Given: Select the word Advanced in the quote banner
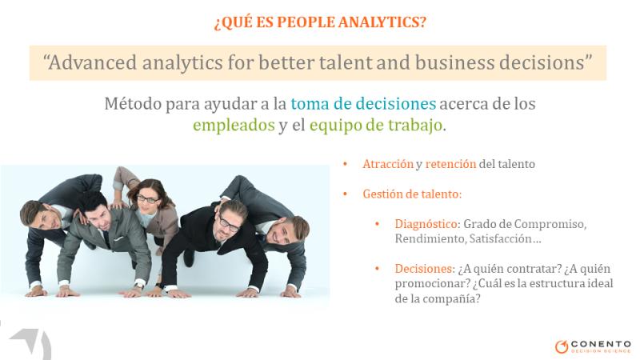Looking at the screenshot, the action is tap(93, 62).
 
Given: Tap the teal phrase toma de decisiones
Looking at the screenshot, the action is tap(363, 104).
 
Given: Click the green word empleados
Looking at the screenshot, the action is tap(234, 126).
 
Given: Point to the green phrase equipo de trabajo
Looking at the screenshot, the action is tap(375, 126).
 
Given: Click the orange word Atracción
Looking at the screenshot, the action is tap(388, 164).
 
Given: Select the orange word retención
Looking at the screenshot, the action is tap(450, 164).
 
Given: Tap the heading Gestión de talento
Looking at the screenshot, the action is tap(412, 194).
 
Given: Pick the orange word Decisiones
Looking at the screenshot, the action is tap(425, 269).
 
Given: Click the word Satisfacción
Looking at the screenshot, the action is tap(501, 238).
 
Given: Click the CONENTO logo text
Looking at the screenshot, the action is tap(601, 344).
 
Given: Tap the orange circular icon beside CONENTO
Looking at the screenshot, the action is tap(562, 346).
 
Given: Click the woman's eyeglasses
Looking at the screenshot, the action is tap(147, 199).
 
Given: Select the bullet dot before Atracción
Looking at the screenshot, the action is tap(346, 164).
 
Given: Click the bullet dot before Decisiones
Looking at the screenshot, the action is tap(377, 269).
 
